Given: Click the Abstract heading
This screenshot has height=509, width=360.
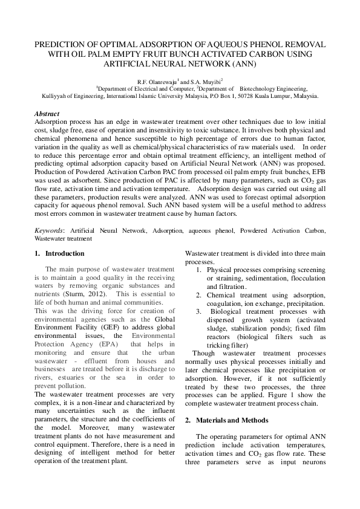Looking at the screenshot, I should coord(47,114).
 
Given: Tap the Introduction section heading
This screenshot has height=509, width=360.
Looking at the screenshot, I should coord(65,253).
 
